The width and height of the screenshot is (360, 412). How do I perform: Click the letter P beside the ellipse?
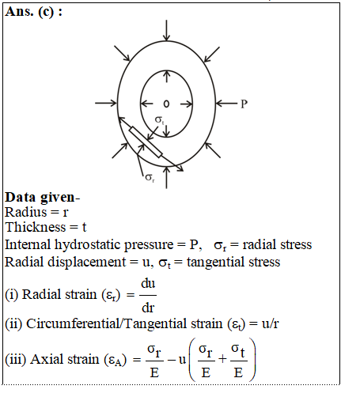pyautogui.click(x=244, y=104)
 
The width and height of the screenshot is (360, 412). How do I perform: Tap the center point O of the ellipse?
pyautogui.click(x=166, y=104)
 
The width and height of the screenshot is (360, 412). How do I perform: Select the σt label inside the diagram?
pyautogui.click(x=159, y=120)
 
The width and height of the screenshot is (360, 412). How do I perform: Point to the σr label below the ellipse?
pyautogui.click(x=150, y=178)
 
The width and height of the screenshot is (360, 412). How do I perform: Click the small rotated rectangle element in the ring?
pyautogui.click(x=146, y=142)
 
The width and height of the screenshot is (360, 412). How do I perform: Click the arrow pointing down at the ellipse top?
pyautogui.click(x=166, y=30)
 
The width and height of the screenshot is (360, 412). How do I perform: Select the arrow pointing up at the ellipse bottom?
pyautogui.click(x=166, y=178)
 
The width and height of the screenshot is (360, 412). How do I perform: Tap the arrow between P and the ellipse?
pyautogui.click(x=226, y=104)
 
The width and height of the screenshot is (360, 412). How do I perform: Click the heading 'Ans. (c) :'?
pyautogui.click(x=34, y=12)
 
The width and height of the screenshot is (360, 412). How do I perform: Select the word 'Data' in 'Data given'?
pyautogui.click(x=20, y=197)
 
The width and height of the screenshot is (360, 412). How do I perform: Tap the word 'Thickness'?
pyautogui.click(x=36, y=227)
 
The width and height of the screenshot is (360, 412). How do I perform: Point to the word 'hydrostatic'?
pyautogui.click(x=114, y=245)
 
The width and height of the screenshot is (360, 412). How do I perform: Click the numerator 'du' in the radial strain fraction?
pyautogui.click(x=148, y=284)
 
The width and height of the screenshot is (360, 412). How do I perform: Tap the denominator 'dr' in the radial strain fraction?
pyautogui.click(x=148, y=308)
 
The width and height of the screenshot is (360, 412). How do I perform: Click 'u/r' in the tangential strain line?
pyautogui.click(x=270, y=323)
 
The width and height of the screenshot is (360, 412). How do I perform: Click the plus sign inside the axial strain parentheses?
pyautogui.click(x=223, y=359)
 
